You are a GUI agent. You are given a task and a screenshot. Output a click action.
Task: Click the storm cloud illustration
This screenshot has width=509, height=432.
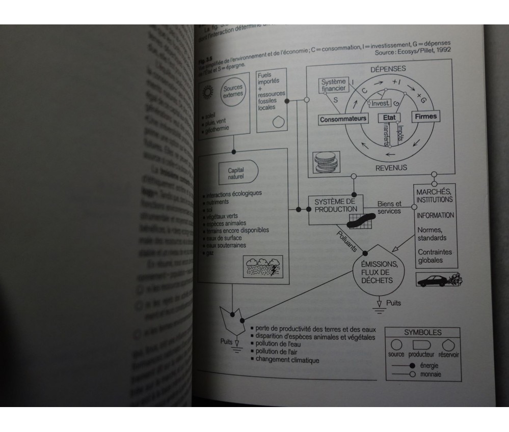263,266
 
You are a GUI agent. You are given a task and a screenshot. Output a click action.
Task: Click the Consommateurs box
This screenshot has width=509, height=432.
343,119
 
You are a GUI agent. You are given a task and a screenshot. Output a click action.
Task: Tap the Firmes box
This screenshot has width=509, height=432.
426,117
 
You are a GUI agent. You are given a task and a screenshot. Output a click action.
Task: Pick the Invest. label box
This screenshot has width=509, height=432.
381,103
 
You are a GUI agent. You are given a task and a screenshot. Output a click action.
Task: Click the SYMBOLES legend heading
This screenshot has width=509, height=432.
423,332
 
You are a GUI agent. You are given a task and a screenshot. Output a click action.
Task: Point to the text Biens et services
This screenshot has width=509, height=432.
389,207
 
